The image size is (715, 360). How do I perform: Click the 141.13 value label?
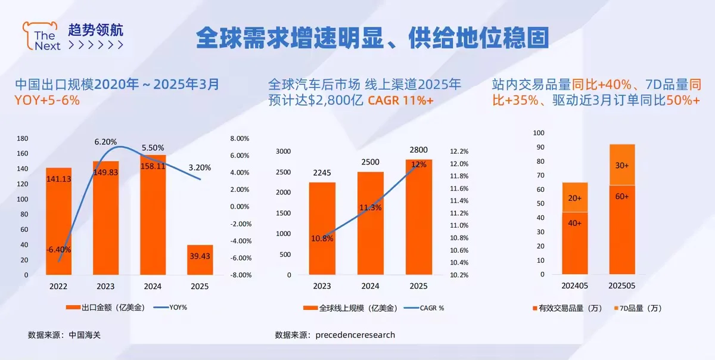coord(58,178)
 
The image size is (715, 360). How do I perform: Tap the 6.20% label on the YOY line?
coord(105,142)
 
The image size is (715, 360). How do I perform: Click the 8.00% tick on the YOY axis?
coord(239,138)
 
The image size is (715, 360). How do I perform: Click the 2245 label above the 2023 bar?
coord(322,173)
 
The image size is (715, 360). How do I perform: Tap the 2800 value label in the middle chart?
coord(418,150)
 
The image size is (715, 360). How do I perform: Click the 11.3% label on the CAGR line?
coord(370,207)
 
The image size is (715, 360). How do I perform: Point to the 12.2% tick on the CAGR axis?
coord(460,151)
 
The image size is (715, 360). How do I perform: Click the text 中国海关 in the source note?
coord(85,335)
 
